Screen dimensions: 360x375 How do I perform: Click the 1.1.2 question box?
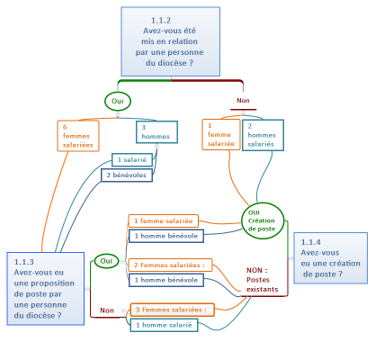pyautogui.click(x=170, y=41)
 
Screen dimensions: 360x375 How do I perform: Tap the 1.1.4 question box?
pyautogui.click(x=330, y=257)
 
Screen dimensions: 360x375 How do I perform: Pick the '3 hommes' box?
pyautogui.click(x=154, y=132)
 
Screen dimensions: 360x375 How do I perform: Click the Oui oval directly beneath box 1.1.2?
pyautogui.click(x=117, y=102)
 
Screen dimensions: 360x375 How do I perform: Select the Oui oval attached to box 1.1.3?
pyautogui.click(x=106, y=261)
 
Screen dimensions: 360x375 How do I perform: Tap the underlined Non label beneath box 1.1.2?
pyautogui.click(x=243, y=101)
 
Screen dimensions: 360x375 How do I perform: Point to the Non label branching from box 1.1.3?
pyautogui.click(x=107, y=310)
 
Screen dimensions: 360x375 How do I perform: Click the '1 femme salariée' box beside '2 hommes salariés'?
pyautogui.click(x=220, y=135)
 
